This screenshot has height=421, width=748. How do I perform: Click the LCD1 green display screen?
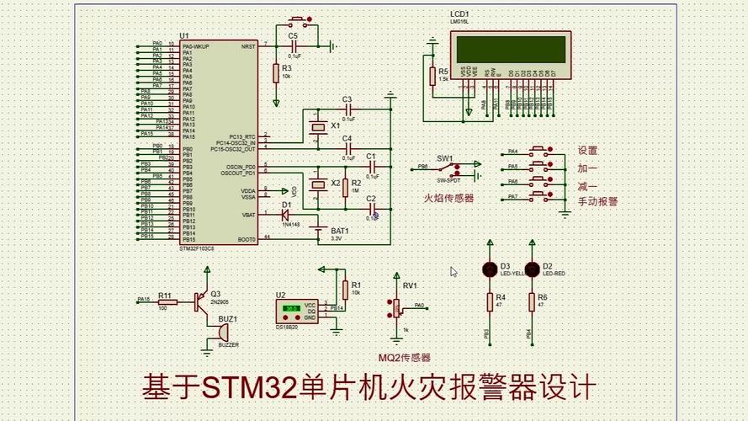click(510, 49)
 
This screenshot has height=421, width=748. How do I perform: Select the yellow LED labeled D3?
click(489, 269)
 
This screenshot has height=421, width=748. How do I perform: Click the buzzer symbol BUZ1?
click(211, 335)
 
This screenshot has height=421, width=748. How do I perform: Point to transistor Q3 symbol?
click(201, 299)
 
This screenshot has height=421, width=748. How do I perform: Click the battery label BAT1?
click(339, 230)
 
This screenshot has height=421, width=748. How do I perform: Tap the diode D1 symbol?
click(286, 215)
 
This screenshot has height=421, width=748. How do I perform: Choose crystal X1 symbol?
click(317, 127)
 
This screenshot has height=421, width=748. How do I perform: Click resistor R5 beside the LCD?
click(432, 77)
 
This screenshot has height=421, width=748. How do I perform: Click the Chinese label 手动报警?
click(597, 202)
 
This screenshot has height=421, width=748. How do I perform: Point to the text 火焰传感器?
click(448, 198)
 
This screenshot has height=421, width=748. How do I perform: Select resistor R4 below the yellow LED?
click(489, 301)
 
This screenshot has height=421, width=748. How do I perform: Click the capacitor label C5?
click(293, 36)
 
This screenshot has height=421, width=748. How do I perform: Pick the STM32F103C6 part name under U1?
click(198, 248)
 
